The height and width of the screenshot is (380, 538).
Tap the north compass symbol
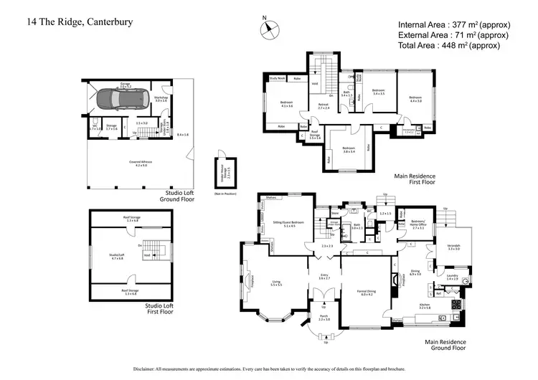[x=268, y=28]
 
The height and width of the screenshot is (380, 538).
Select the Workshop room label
[x=161, y=99]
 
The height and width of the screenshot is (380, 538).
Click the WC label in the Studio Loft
[x=95, y=128]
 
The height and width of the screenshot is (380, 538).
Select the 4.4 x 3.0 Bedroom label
[x=416, y=98]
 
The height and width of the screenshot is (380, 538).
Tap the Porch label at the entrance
[x=324, y=318]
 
